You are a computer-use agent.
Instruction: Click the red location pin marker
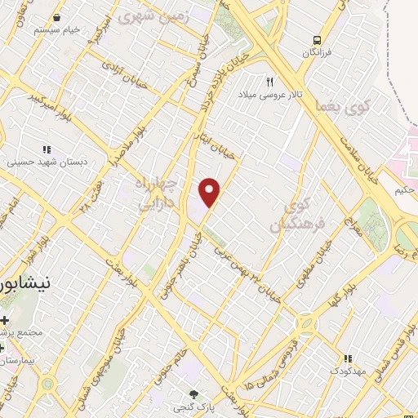(211, 193)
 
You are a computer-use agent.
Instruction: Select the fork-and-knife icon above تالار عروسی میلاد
(269, 81)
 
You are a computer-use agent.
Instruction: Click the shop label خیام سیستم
(58, 29)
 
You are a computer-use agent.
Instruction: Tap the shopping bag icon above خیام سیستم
(58, 16)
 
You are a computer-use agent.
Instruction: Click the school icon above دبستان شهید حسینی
(47, 149)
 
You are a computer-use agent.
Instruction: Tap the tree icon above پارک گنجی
(193, 394)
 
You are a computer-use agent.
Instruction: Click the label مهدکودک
(350, 371)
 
